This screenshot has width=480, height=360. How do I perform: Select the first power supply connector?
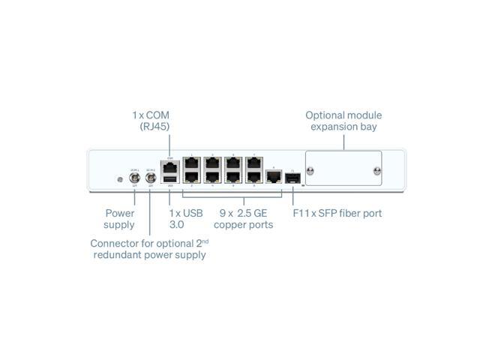coord(135,178)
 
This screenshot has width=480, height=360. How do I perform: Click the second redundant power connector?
coord(150,178)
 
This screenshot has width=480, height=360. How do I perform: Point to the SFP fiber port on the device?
coord(294,178)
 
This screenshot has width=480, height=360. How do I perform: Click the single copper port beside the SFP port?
coord(274,178)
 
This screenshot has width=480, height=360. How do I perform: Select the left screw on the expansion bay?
coord(311,171)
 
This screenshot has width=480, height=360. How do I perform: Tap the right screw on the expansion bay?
coord(376,171)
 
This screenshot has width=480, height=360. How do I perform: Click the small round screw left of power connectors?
coord(119,178)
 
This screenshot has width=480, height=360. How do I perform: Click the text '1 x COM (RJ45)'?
coord(151,121)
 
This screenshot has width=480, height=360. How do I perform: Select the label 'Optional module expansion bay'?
coord(343,121)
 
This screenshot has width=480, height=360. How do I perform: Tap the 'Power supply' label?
coord(120,219)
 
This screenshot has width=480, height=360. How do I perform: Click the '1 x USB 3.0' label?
coord(185,219)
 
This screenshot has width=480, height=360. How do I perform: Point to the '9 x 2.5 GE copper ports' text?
coord(244,219)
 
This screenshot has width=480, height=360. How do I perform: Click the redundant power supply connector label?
coord(148,249)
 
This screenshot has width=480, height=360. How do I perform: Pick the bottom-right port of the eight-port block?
coord(253,178)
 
